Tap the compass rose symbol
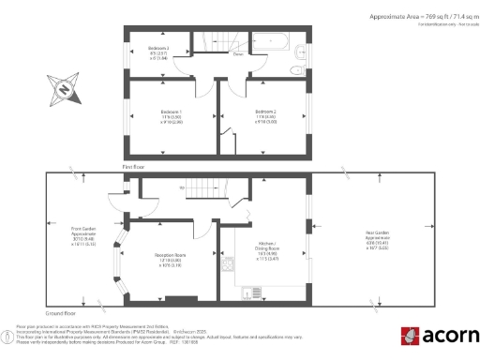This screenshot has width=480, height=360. pos(63,90)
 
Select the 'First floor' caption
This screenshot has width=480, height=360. pos(135,167)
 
